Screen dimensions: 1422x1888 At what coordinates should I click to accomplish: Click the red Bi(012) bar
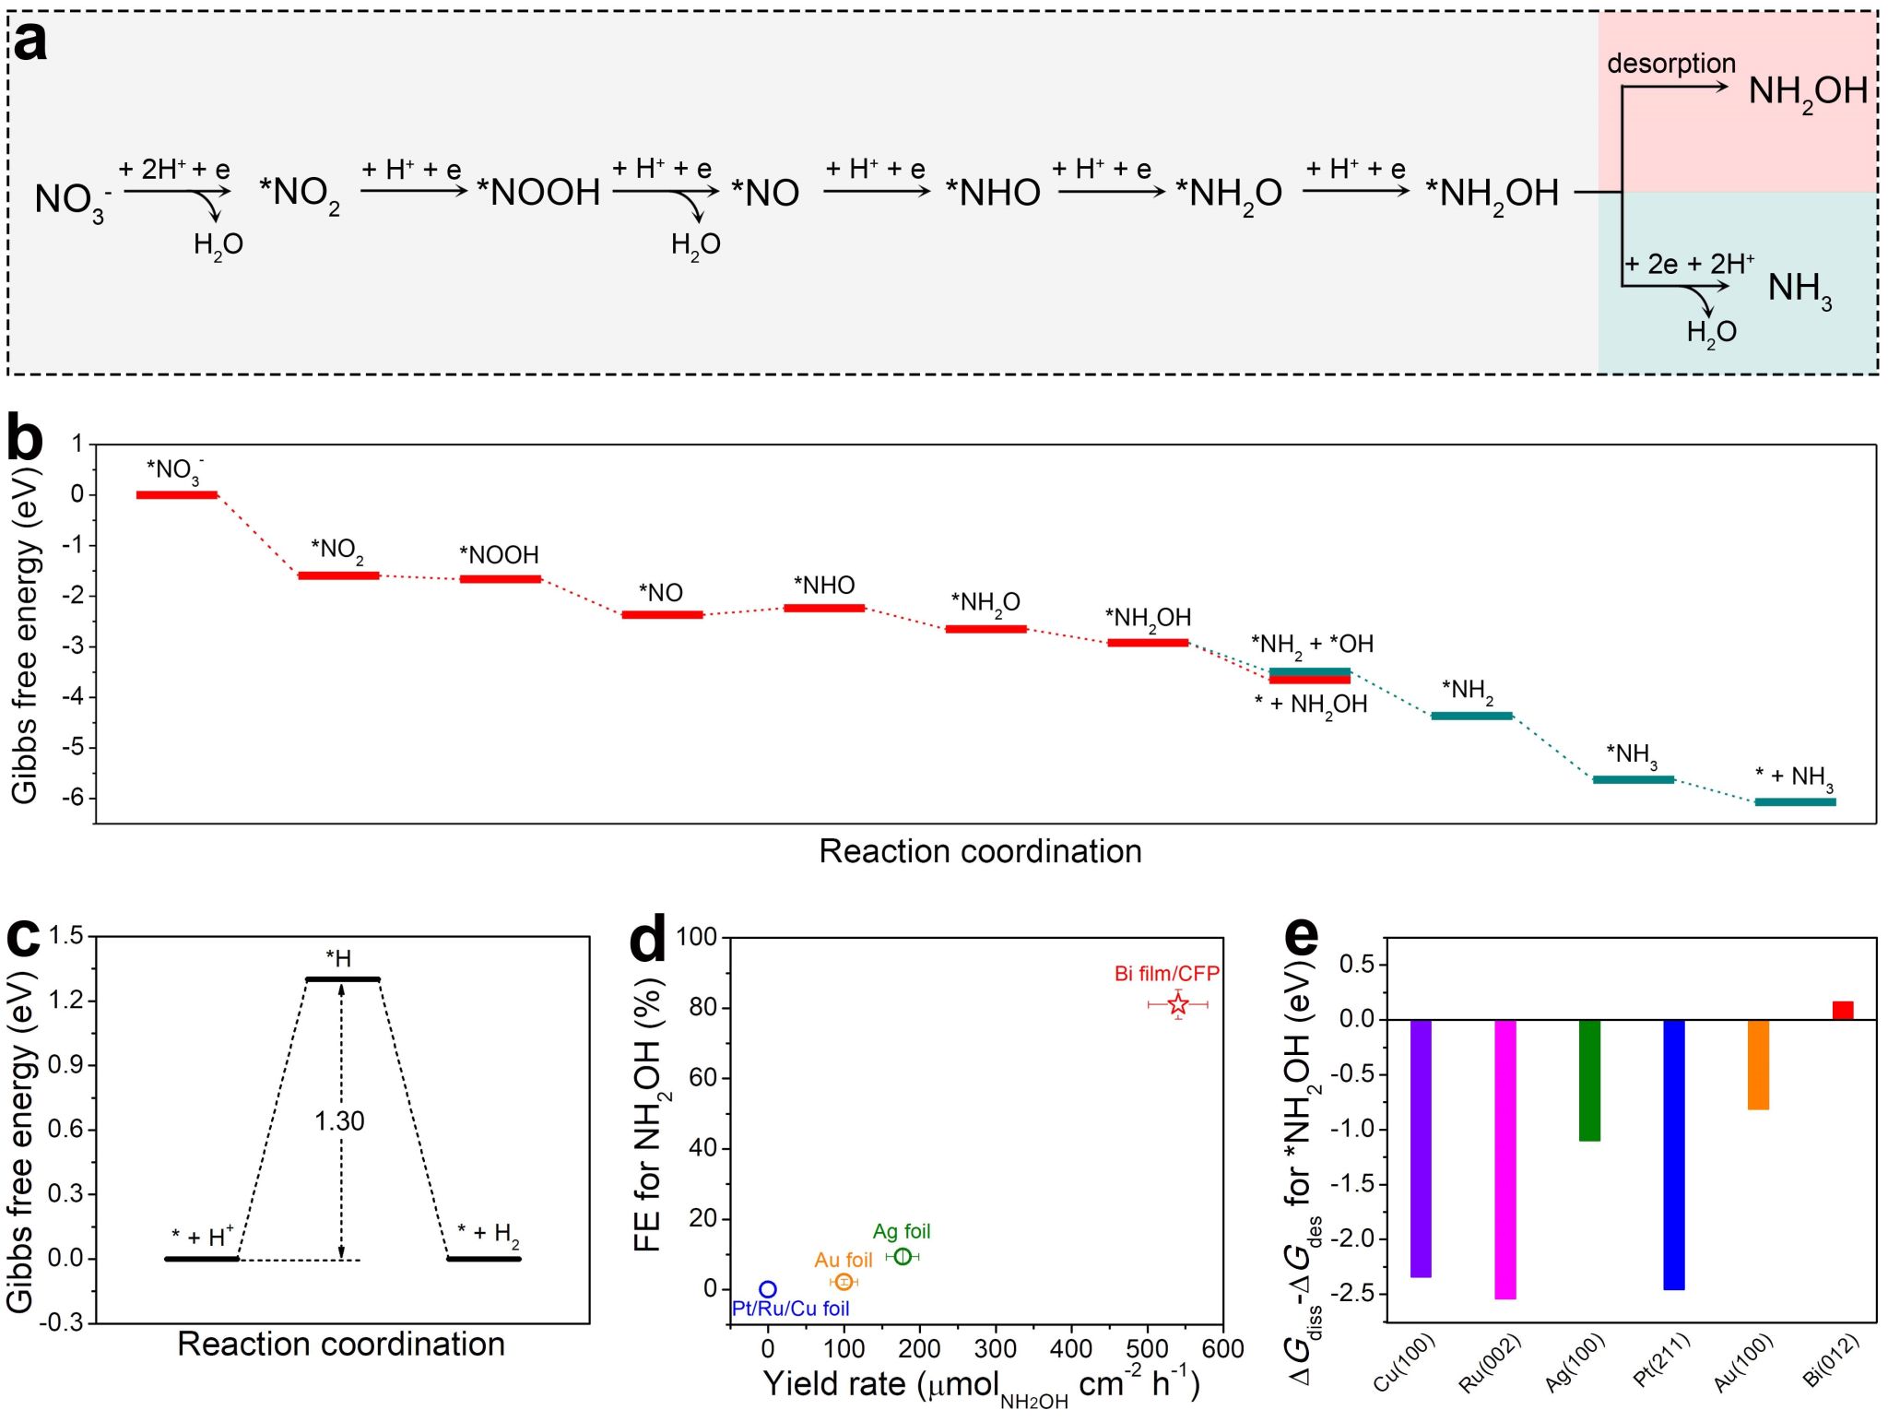pyautogui.click(x=1842, y=1010)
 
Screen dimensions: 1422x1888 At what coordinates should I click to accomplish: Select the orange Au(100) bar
pyautogui.click(x=1758, y=1064)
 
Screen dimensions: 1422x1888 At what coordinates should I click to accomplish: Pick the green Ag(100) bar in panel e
pyautogui.click(x=1589, y=1080)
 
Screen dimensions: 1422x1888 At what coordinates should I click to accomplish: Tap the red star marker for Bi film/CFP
pyautogui.click(x=1178, y=1004)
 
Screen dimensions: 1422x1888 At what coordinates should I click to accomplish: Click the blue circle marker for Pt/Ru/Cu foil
pyautogui.click(x=768, y=1289)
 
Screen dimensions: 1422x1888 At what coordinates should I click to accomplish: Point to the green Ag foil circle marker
pyautogui.click(x=903, y=1256)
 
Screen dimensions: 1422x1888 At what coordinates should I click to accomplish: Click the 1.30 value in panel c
pyautogui.click(x=339, y=1121)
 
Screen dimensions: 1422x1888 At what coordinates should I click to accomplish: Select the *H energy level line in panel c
pyautogui.click(x=343, y=978)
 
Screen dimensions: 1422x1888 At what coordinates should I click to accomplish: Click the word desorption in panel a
pyautogui.click(x=1670, y=64)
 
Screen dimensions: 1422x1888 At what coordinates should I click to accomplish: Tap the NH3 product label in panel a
pyautogui.click(x=1799, y=289)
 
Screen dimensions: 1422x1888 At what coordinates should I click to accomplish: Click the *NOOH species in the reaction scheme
pyautogui.click(x=538, y=193)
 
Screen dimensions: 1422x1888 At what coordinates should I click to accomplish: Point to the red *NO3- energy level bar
pyautogui.click(x=177, y=495)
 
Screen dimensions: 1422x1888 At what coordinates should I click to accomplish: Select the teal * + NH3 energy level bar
pyautogui.click(x=1795, y=802)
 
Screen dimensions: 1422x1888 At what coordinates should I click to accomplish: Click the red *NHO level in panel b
pyautogui.click(x=824, y=608)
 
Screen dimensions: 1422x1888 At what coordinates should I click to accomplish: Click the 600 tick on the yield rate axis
pyautogui.click(x=1222, y=1349)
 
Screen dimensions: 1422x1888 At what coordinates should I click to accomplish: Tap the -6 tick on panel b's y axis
pyautogui.click(x=73, y=798)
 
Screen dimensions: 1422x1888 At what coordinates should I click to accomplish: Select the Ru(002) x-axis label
pyautogui.click(x=1490, y=1363)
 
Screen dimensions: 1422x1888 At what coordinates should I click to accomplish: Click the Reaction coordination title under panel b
pyautogui.click(x=980, y=851)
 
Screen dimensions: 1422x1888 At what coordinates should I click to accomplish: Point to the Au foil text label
pyautogui.click(x=843, y=1260)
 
